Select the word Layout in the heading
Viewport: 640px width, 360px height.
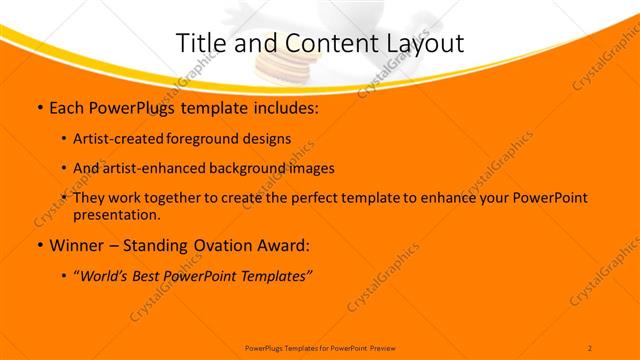click(427, 42)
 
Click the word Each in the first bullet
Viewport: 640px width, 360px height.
click(67, 107)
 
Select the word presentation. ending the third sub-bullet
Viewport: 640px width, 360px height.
click(116, 214)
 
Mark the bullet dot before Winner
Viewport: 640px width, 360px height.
click(39, 246)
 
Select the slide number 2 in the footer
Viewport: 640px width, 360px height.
click(590, 347)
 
